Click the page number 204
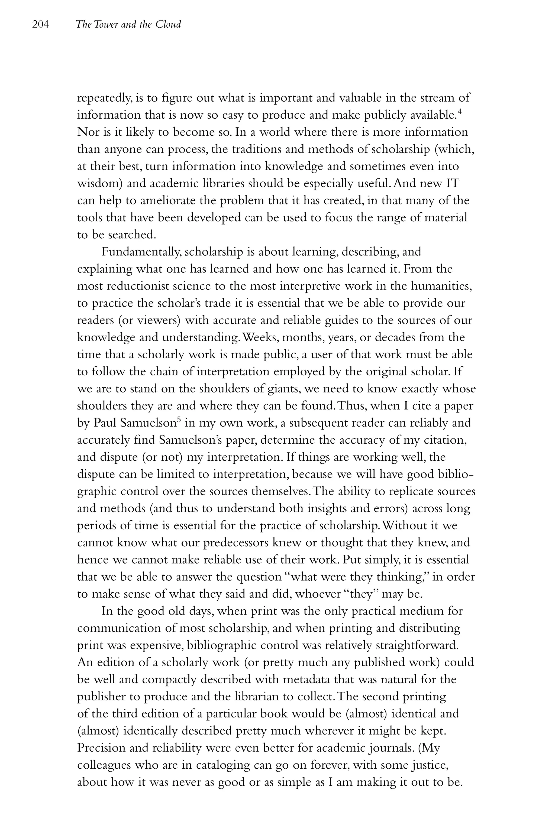tap(40, 24)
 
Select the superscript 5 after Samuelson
tap(179, 420)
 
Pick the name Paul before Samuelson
tap(105, 423)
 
